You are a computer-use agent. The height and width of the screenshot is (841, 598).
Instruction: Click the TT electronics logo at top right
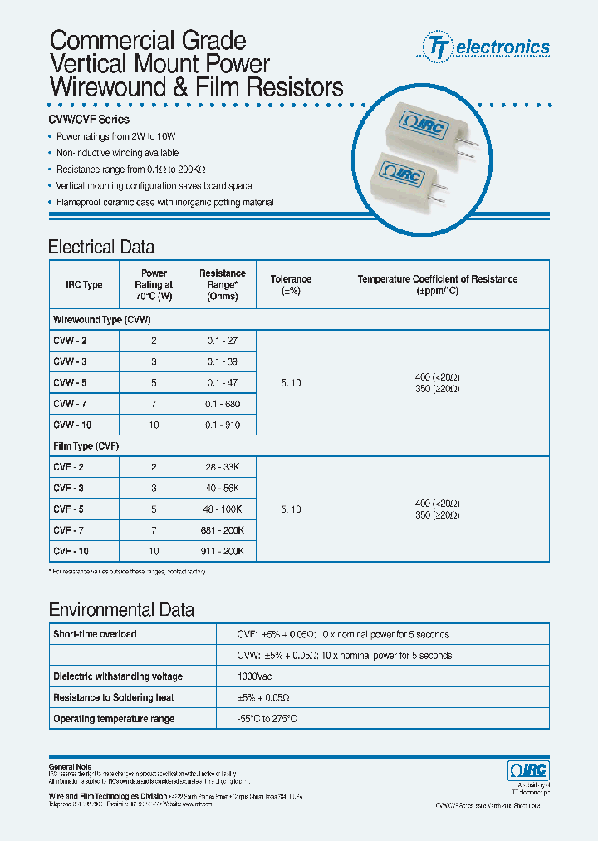click(488, 47)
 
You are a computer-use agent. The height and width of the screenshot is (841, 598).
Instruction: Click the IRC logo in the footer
click(527, 770)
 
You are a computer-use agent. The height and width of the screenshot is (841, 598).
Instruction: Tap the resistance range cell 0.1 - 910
click(222, 425)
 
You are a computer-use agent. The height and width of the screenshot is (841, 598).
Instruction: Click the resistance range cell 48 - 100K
click(222, 509)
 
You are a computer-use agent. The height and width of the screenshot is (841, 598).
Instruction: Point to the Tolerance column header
click(291, 285)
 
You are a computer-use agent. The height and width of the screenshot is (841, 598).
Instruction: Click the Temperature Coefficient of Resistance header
click(437, 285)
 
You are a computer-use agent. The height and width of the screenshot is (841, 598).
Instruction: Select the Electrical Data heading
click(101, 247)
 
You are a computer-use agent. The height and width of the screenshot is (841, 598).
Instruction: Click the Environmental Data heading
click(121, 610)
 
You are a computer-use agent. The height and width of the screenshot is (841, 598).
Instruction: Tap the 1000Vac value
click(257, 676)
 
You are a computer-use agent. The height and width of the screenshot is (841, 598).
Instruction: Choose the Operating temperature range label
click(114, 719)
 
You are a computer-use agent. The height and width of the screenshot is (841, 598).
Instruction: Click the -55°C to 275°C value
click(267, 719)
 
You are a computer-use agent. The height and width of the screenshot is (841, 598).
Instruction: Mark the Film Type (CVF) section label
click(86, 446)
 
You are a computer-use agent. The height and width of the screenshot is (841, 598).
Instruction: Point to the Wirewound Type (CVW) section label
click(101, 320)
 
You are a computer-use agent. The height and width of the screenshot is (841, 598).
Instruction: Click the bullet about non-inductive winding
click(117, 153)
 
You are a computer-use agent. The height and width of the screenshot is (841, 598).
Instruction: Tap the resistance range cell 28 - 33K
click(222, 467)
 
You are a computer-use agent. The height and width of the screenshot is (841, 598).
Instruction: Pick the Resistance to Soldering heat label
click(113, 698)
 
